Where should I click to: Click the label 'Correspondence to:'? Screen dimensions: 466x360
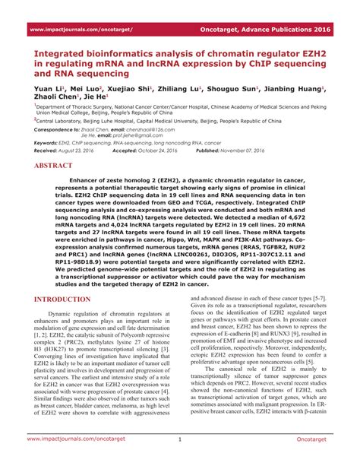click(x=57, y=130)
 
